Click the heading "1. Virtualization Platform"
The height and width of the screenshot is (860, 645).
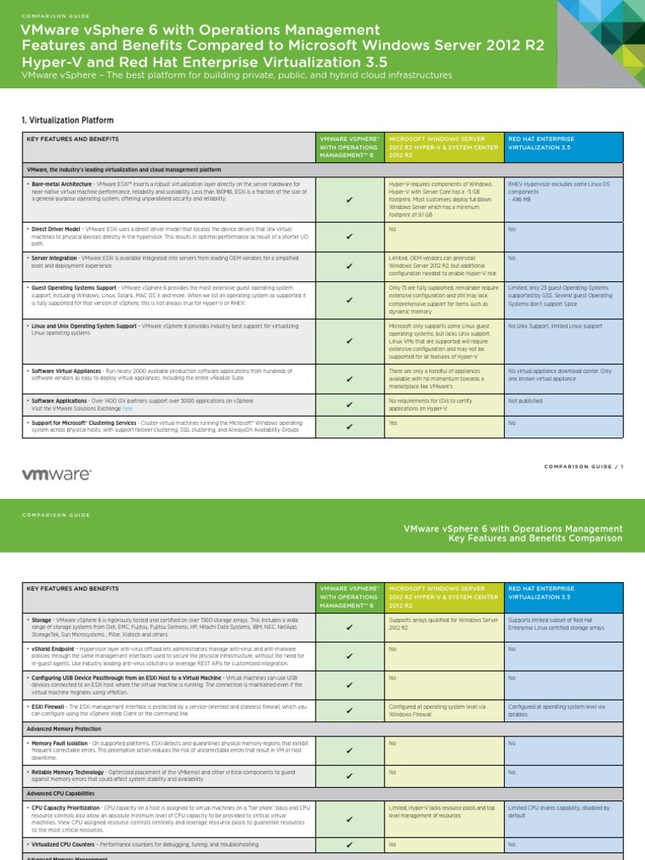[x=67, y=121]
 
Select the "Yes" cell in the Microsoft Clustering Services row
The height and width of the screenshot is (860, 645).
[x=394, y=423]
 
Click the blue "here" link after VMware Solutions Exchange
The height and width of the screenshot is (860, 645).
[x=128, y=408]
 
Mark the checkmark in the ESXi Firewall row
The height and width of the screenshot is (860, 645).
[x=349, y=712]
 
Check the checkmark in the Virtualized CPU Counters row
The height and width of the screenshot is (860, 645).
[x=349, y=845]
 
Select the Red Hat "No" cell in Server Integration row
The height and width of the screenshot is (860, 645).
[x=511, y=259]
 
